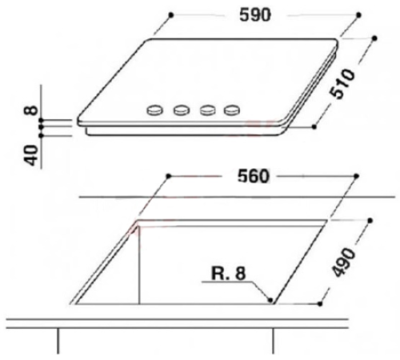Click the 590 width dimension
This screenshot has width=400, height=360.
255,15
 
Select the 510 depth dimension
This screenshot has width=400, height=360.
342,84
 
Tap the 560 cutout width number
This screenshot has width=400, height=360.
254,176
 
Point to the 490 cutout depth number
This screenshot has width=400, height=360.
344,262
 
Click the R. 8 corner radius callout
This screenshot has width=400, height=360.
228,274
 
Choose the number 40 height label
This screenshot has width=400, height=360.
31,155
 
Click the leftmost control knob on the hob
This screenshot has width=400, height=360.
154,110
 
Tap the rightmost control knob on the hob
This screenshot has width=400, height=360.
232,110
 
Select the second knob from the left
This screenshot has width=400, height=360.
182,110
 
